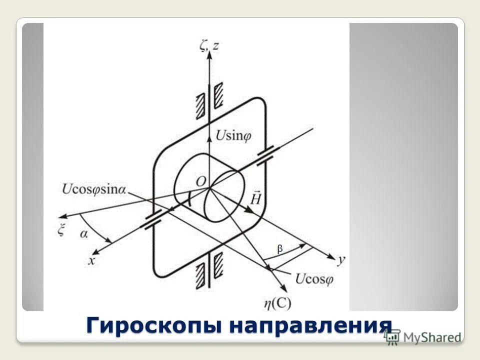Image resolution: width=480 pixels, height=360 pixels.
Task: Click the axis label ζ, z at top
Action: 209,46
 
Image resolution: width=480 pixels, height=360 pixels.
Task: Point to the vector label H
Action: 256,199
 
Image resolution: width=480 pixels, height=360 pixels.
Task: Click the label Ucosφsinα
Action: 94,189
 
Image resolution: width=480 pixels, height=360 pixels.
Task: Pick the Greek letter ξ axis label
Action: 62,231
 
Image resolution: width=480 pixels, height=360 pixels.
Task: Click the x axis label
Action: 91,260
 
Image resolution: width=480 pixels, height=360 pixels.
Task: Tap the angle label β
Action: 280,248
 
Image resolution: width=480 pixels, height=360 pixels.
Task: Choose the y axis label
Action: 341,260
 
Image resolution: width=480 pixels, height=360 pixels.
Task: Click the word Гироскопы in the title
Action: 153,325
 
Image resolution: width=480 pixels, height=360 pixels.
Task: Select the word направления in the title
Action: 310,325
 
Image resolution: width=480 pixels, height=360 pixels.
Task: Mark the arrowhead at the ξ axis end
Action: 62,217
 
